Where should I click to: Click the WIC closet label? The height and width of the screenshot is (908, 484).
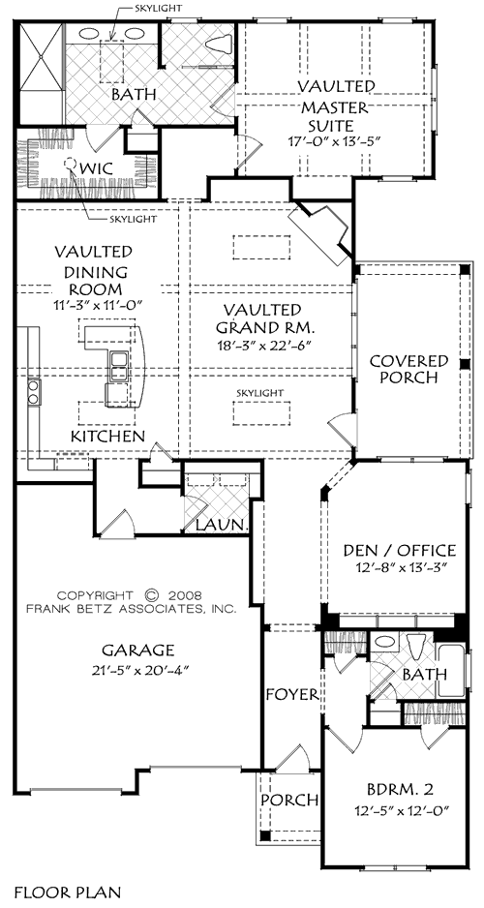(92, 167)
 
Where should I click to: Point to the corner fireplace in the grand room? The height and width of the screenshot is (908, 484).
(322, 232)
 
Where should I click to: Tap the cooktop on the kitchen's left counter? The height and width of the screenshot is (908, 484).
(33, 391)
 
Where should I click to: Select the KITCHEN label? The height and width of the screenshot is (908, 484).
(108, 438)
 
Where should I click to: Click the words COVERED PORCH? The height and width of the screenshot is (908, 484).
(409, 370)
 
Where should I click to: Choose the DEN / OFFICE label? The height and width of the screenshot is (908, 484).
(399, 551)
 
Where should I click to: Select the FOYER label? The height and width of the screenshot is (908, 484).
(292, 695)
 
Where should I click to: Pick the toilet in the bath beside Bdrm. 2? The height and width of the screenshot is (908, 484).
(414, 647)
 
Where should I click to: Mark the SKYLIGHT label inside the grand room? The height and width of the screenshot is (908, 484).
(259, 392)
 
